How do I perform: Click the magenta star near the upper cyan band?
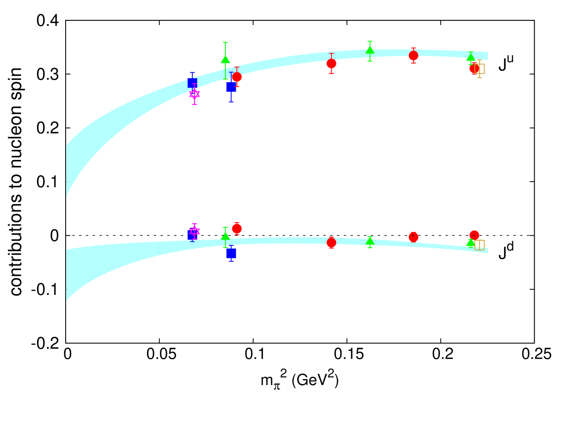click(x=195, y=94)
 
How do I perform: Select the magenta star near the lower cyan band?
click(x=195, y=231)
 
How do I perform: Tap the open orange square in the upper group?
click(x=480, y=69)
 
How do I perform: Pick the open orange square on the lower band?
click(x=480, y=245)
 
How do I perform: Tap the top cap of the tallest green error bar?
click(x=226, y=43)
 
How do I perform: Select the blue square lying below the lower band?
click(x=231, y=253)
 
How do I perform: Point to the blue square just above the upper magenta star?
click(x=192, y=83)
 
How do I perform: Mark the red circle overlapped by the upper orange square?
click(x=474, y=68)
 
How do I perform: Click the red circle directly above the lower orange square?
click(x=474, y=235)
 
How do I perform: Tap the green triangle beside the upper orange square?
click(x=470, y=57)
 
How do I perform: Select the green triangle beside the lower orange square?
click(x=470, y=242)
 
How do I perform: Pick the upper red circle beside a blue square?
click(x=237, y=77)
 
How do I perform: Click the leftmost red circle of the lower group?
click(x=237, y=228)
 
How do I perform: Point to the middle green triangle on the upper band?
click(x=370, y=50)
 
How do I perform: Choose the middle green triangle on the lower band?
click(x=370, y=241)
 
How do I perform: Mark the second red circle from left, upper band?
click(x=331, y=64)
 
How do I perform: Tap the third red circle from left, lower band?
click(x=414, y=237)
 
